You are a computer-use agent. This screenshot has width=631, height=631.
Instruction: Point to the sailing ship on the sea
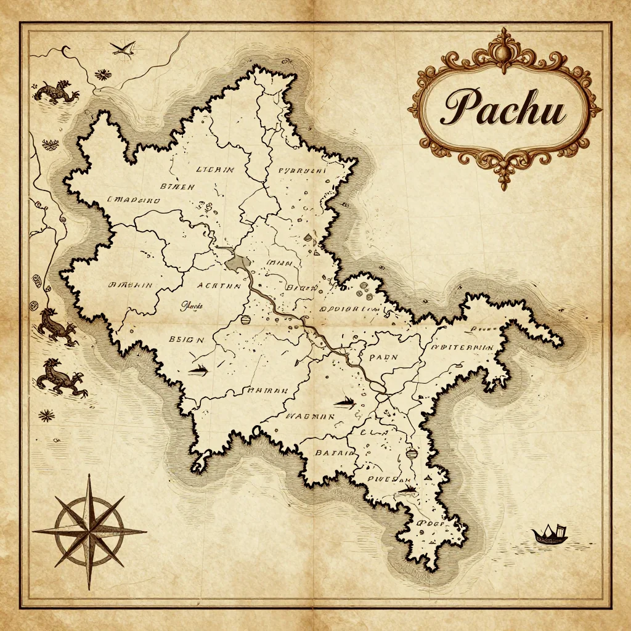coord(550,534)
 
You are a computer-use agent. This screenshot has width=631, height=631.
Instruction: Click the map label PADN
coord(383,357)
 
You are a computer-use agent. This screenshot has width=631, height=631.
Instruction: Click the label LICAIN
coord(214,169)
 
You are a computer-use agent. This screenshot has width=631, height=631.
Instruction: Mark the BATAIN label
coord(335,452)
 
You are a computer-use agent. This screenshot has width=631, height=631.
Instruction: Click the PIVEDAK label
coord(389,479)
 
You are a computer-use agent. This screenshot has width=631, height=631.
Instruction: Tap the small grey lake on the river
coord(237,263)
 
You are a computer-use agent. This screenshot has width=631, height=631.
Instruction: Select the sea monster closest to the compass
coord(61,377)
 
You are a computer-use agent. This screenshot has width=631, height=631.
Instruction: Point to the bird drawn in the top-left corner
coord(124,48)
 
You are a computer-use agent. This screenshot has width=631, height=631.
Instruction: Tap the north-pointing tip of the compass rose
coord(90,478)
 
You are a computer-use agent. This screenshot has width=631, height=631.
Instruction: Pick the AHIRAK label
coord(267,389)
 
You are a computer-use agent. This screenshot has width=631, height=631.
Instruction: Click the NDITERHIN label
coord(463,348)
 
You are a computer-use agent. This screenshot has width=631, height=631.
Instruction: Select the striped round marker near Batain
coord(412,454)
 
